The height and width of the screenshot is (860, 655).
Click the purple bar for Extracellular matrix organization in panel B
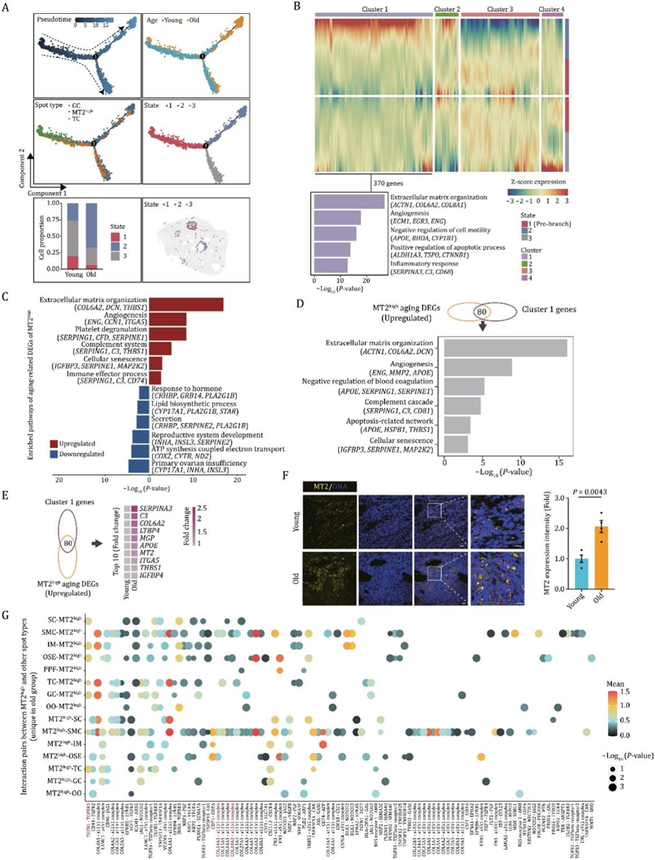coord(349,200)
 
